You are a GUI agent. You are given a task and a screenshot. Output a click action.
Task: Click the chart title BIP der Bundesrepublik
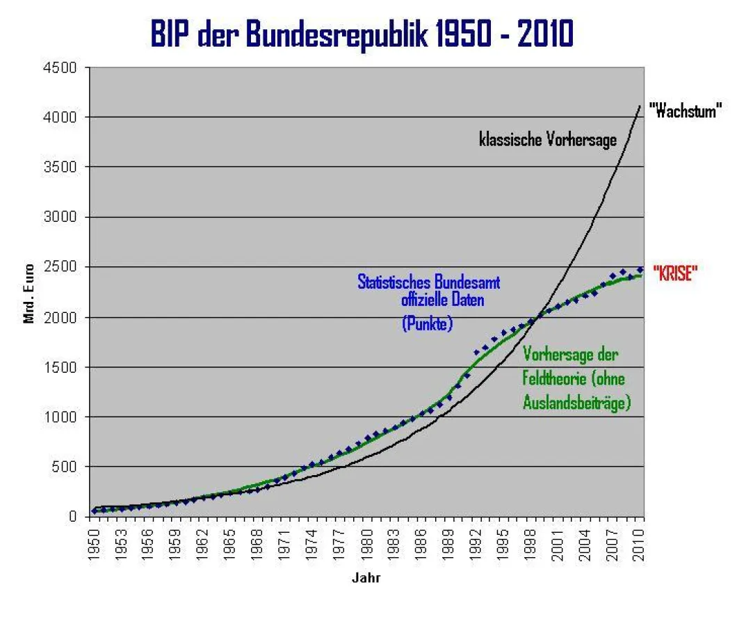(x=362, y=34)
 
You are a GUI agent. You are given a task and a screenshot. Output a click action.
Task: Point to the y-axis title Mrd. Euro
(x=29, y=291)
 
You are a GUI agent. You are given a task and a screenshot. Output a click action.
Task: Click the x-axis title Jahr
(x=366, y=577)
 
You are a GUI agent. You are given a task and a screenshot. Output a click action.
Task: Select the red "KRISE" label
(x=674, y=273)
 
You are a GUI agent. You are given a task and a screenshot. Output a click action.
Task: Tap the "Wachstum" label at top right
(x=684, y=111)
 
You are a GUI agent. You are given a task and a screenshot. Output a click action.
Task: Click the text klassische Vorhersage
(x=547, y=140)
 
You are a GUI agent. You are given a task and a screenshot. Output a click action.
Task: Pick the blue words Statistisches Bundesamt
(x=428, y=282)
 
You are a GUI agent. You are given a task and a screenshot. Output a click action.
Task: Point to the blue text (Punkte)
(x=427, y=323)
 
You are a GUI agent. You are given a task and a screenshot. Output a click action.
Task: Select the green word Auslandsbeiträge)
(x=576, y=401)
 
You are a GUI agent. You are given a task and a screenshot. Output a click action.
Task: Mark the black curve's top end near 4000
(x=639, y=106)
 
